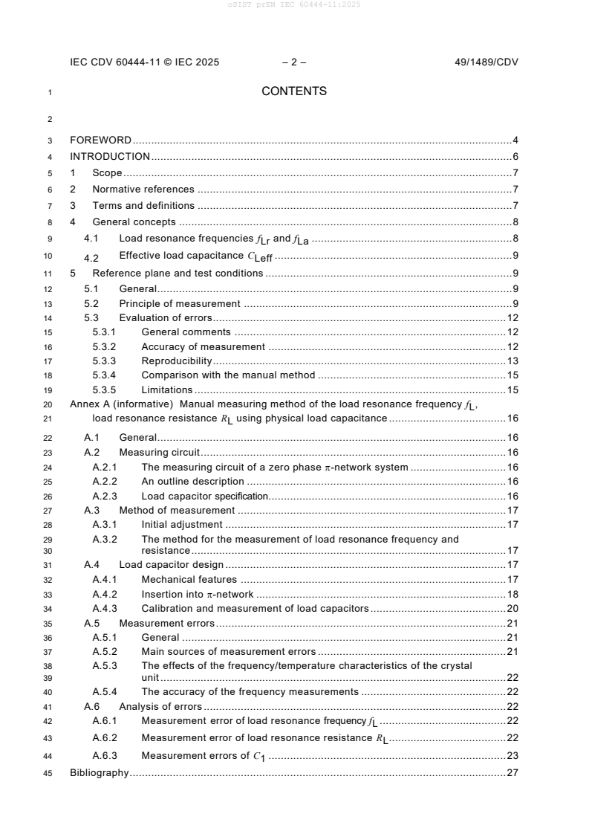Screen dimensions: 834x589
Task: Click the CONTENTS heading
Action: [x=294, y=91]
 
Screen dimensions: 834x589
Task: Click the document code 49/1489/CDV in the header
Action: [x=486, y=62]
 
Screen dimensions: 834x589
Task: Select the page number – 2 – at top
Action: [x=294, y=62]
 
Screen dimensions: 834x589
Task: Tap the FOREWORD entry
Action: [x=100, y=140]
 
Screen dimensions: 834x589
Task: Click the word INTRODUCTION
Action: [x=110, y=156]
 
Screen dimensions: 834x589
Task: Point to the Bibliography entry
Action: [x=99, y=773]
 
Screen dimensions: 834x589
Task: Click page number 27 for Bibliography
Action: [x=512, y=773]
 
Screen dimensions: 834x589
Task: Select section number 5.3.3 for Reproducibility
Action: [x=105, y=361]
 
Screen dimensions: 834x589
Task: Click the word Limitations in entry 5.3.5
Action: [x=166, y=389]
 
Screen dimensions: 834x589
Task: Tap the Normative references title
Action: [x=143, y=190]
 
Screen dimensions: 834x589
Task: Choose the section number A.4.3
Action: [x=105, y=608]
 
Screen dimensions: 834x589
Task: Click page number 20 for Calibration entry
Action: [x=512, y=608]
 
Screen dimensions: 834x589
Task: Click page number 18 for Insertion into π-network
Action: [x=512, y=594]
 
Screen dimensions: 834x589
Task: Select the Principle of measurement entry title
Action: [x=179, y=303]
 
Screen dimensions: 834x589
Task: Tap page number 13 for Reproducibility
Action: [x=512, y=361]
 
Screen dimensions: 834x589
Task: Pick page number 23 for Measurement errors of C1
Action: [x=512, y=756]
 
